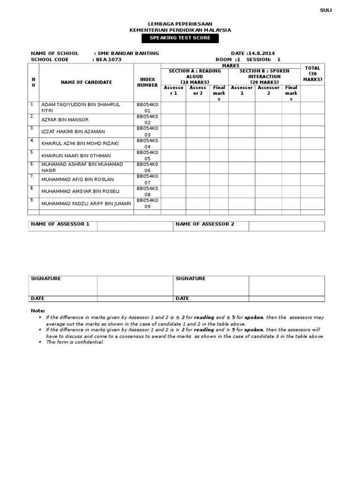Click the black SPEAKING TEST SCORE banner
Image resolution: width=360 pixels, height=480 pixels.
pos(180,38)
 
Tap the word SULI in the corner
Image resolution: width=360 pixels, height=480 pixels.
pos(325,10)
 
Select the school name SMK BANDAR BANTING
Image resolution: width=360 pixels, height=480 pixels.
pos(128,53)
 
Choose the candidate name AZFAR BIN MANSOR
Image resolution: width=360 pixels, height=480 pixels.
pos(65,120)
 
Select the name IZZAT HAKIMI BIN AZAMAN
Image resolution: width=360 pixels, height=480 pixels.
pos(73,132)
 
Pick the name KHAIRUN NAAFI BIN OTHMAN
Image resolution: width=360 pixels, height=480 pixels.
pos(76,156)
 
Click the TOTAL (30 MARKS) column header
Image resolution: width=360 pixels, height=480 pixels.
pos(312,74)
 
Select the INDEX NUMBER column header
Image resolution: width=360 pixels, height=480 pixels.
pos(147,82)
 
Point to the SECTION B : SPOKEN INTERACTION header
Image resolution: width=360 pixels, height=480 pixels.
pos(264,76)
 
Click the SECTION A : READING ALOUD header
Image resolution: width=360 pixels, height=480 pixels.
pos(195,76)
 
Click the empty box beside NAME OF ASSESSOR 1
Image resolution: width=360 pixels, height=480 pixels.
pos(135,226)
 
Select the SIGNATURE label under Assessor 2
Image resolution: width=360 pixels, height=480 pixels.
pos(190,278)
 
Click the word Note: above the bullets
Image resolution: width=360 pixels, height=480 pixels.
pos(38,311)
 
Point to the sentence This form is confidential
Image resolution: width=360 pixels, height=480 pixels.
pos(75,342)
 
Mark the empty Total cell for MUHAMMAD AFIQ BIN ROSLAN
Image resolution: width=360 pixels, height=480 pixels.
pos(312,180)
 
